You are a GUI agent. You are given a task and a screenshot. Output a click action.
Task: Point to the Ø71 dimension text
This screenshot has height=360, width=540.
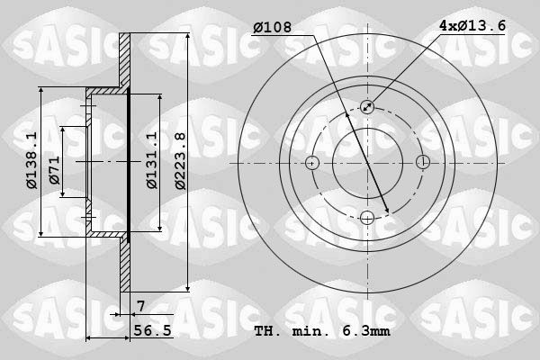point(55,171)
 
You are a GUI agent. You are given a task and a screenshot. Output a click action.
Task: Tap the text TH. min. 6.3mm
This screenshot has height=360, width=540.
point(321,331)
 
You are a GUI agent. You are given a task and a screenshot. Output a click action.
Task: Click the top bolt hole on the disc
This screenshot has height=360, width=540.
point(367,107)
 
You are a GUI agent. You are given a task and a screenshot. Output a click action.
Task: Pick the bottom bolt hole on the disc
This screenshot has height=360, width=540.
point(367,217)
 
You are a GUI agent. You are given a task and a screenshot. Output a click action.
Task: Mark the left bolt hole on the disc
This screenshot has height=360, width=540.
point(312,163)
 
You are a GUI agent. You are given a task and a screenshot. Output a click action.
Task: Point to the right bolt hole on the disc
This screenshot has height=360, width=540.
point(422,163)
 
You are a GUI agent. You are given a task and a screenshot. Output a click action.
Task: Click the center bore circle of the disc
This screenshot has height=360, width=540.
point(367,163)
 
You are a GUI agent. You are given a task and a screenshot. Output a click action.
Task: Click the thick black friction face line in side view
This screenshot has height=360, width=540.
point(129,162)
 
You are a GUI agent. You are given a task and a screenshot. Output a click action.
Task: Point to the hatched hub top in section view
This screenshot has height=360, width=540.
point(106,92)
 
